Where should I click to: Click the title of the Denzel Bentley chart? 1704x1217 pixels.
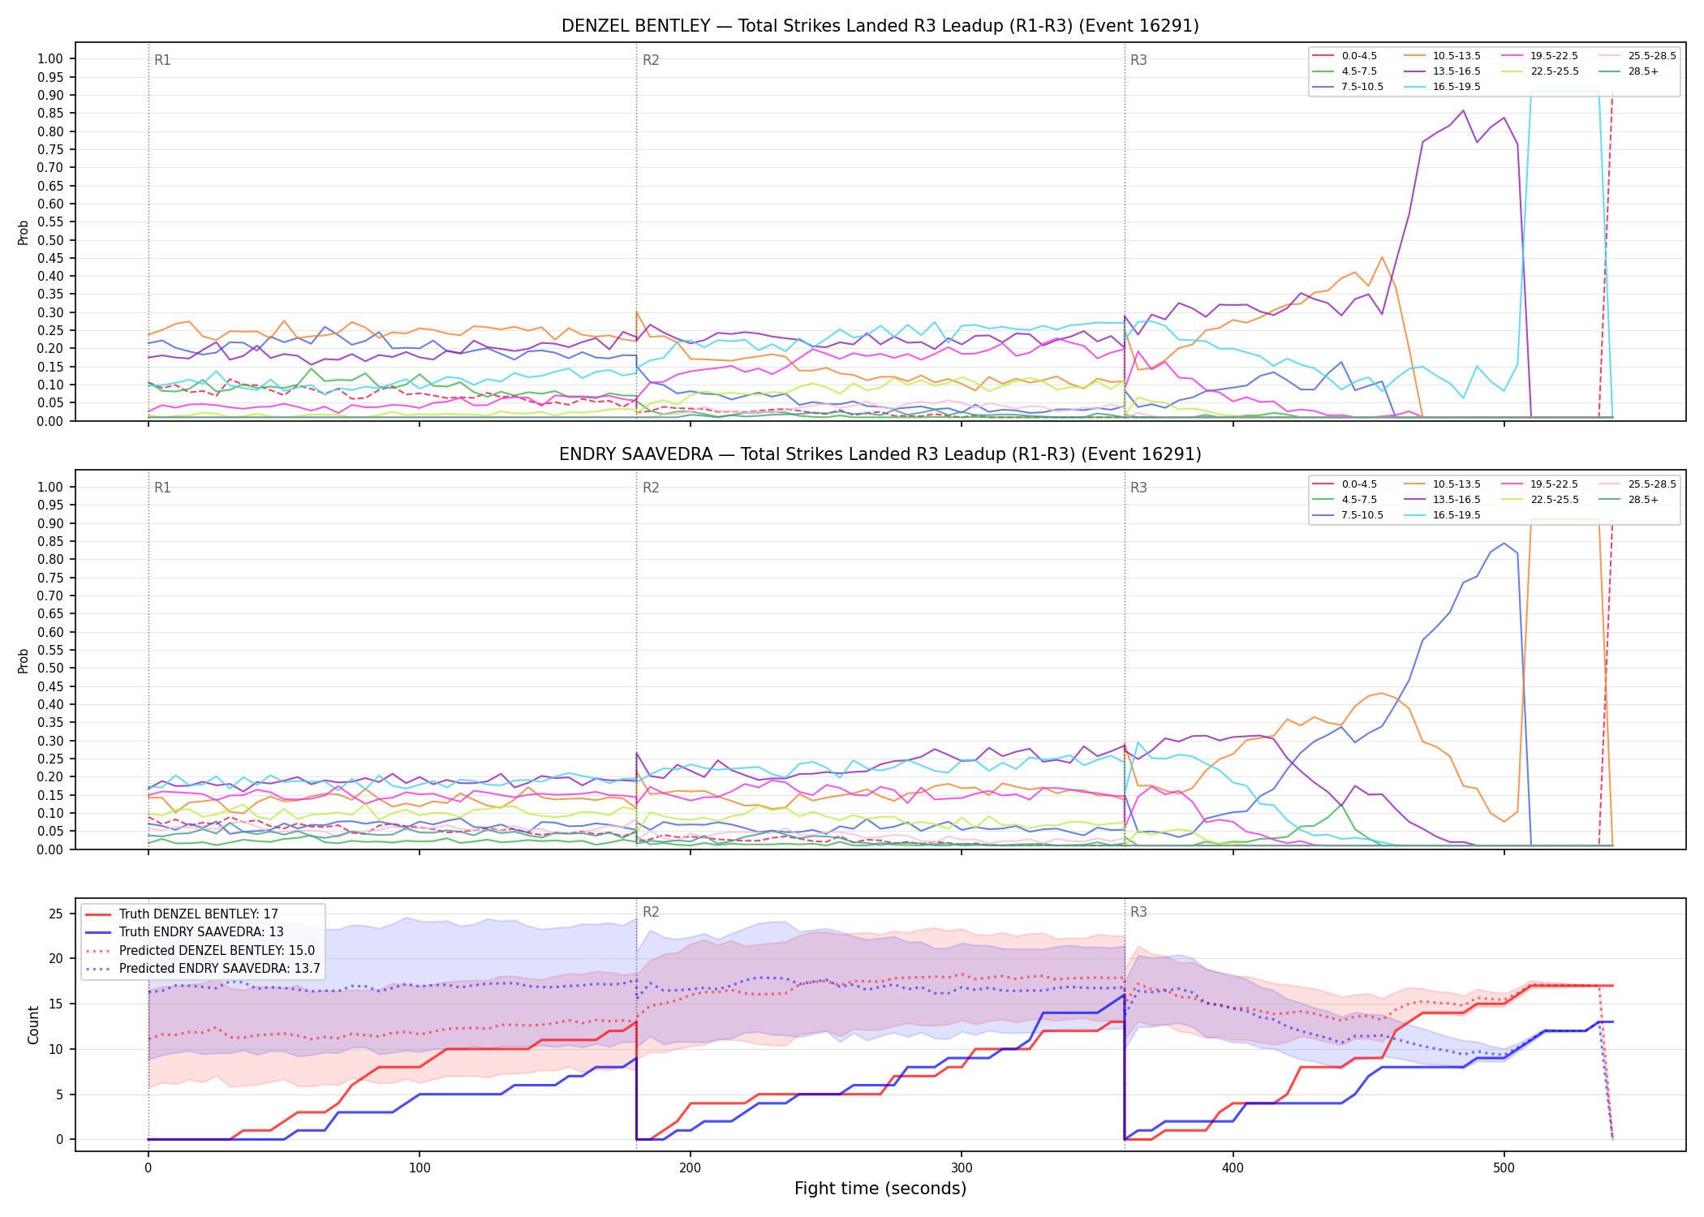coord(880,26)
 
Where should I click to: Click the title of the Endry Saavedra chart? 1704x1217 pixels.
coord(880,454)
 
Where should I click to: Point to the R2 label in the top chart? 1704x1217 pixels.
coord(651,60)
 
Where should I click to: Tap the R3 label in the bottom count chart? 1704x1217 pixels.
coord(1138,912)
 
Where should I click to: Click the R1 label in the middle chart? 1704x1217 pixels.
coord(162,488)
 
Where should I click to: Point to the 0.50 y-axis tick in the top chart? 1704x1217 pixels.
coord(50,240)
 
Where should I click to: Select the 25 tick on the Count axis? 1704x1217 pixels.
coord(55,914)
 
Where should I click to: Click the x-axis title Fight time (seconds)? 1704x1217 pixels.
coord(880,1189)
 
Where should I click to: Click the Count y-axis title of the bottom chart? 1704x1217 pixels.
coord(33,1025)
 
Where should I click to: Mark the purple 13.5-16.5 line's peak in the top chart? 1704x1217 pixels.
coord(1463,110)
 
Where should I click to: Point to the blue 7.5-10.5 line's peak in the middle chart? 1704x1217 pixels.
coord(1504,543)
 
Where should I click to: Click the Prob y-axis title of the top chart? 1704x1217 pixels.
coord(24,232)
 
